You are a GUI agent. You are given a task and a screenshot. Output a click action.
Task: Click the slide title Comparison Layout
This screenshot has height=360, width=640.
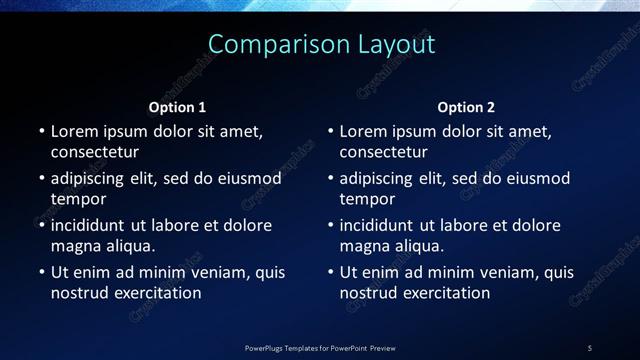click(321, 45)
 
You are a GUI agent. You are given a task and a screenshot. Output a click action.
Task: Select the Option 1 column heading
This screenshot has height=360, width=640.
click(177, 107)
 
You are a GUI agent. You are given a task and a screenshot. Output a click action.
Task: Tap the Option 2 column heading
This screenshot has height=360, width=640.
click(466, 107)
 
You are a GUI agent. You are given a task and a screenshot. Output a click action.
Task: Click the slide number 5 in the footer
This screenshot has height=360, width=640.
click(589, 348)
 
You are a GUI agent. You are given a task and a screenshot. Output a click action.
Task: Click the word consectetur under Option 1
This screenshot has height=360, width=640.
click(94, 153)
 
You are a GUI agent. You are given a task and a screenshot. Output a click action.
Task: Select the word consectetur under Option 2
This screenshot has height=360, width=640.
click(383, 153)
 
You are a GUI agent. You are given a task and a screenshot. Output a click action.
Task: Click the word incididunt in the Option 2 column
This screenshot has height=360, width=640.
click(377, 225)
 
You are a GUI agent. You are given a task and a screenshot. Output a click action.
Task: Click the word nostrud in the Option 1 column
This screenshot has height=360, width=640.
click(81, 294)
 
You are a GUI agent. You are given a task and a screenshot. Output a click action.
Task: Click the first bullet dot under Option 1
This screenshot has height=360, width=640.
click(41, 131)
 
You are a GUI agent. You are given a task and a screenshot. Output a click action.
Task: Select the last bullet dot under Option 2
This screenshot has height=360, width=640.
click(330, 272)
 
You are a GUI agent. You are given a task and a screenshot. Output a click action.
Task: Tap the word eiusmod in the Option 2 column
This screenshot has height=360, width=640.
click(534, 178)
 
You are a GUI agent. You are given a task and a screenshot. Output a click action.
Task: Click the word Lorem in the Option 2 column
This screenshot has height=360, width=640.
click(363, 131)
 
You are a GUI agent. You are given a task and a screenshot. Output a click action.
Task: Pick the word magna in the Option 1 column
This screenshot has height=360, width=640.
click(75, 247)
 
